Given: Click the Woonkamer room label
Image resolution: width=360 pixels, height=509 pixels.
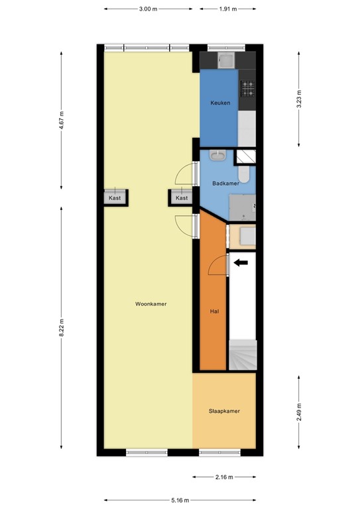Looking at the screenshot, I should [150, 304].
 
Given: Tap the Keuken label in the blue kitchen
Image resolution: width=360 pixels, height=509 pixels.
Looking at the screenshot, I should [220, 103].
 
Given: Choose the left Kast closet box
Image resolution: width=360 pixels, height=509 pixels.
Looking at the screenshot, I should [115, 198].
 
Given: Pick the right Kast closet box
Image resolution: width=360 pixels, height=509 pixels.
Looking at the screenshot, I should [182, 198].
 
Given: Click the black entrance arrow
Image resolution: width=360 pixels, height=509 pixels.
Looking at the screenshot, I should [241, 262].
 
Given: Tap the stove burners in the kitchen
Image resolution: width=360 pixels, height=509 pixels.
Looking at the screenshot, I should [247, 87].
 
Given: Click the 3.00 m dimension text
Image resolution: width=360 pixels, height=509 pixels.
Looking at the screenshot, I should [149, 10].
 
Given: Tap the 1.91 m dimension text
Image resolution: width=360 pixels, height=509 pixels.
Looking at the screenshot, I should [227, 10].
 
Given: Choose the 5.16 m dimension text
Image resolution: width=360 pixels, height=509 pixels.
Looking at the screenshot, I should [180, 500].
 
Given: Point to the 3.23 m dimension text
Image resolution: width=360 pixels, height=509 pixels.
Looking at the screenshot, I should [299, 100].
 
